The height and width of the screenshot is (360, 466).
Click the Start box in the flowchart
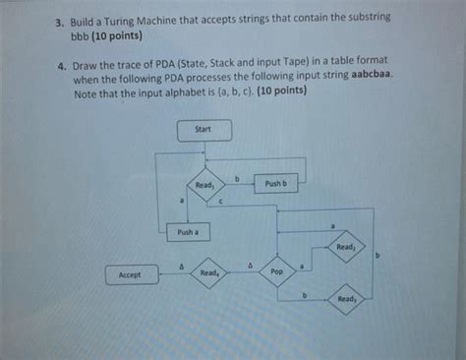pyautogui.click(x=204, y=129)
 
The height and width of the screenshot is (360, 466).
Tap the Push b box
pyautogui.click(x=276, y=183)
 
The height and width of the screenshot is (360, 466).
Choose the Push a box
pyautogui.click(x=187, y=232)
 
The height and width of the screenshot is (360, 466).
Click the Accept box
pyautogui.click(x=130, y=275)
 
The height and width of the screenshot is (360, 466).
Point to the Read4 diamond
pyautogui.click(x=208, y=272)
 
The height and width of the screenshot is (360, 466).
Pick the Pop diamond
pyautogui.click(x=276, y=272)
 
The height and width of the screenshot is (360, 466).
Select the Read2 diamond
pyautogui.click(x=345, y=247)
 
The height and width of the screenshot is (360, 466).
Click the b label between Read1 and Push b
pyautogui.click(x=237, y=176)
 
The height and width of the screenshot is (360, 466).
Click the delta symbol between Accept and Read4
pyautogui.click(x=181, y=264)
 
